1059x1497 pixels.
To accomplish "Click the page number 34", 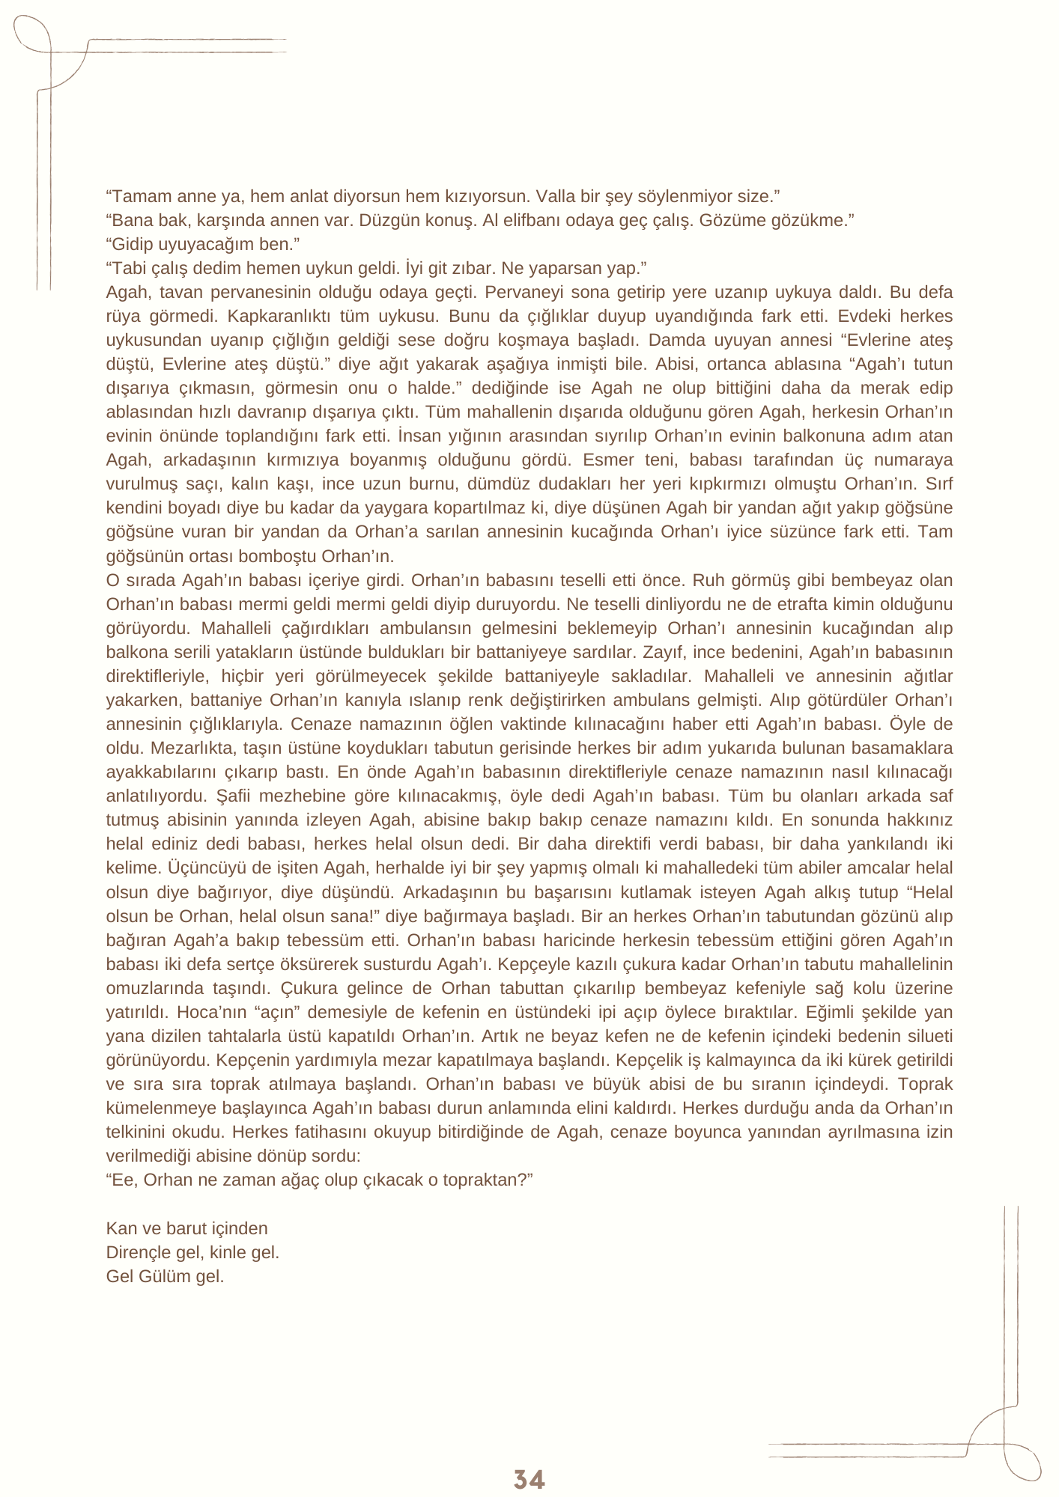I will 529,1480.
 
